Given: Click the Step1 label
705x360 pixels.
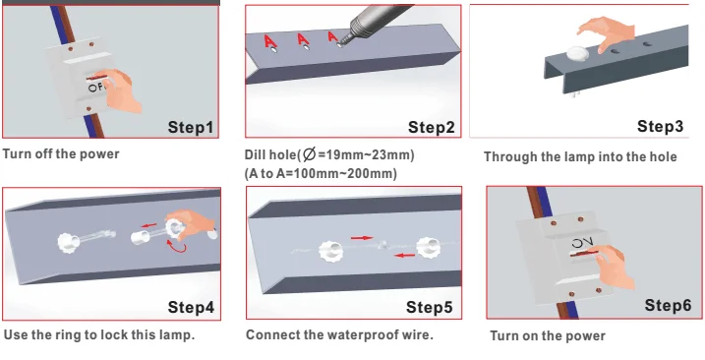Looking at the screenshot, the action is [191, 127].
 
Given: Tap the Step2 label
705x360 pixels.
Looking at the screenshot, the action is [432, 127].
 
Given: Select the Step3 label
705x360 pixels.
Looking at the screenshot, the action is [660, 126].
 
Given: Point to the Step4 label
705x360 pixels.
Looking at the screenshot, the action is [191, 307].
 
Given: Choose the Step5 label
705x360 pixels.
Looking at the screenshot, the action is [430, 307].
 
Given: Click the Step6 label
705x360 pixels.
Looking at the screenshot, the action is [668, 305].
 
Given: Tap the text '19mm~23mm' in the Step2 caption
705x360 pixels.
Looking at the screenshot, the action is [368, 155].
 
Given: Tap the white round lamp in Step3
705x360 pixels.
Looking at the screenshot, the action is [577, 54].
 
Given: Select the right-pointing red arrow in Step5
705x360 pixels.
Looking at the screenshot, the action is [362, 238].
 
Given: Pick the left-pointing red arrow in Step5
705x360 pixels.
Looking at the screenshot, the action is [405, 256].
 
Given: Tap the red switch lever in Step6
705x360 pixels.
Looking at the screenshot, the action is [585, 254].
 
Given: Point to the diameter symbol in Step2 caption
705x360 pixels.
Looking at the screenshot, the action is [309, 154].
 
